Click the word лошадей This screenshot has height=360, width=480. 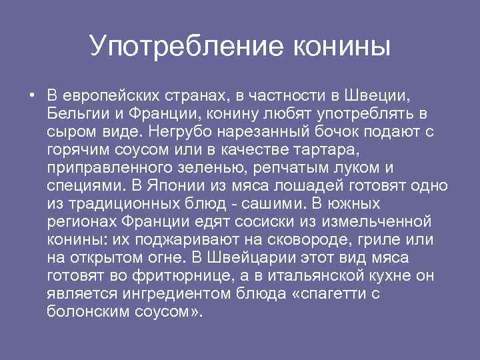point(317,184)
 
